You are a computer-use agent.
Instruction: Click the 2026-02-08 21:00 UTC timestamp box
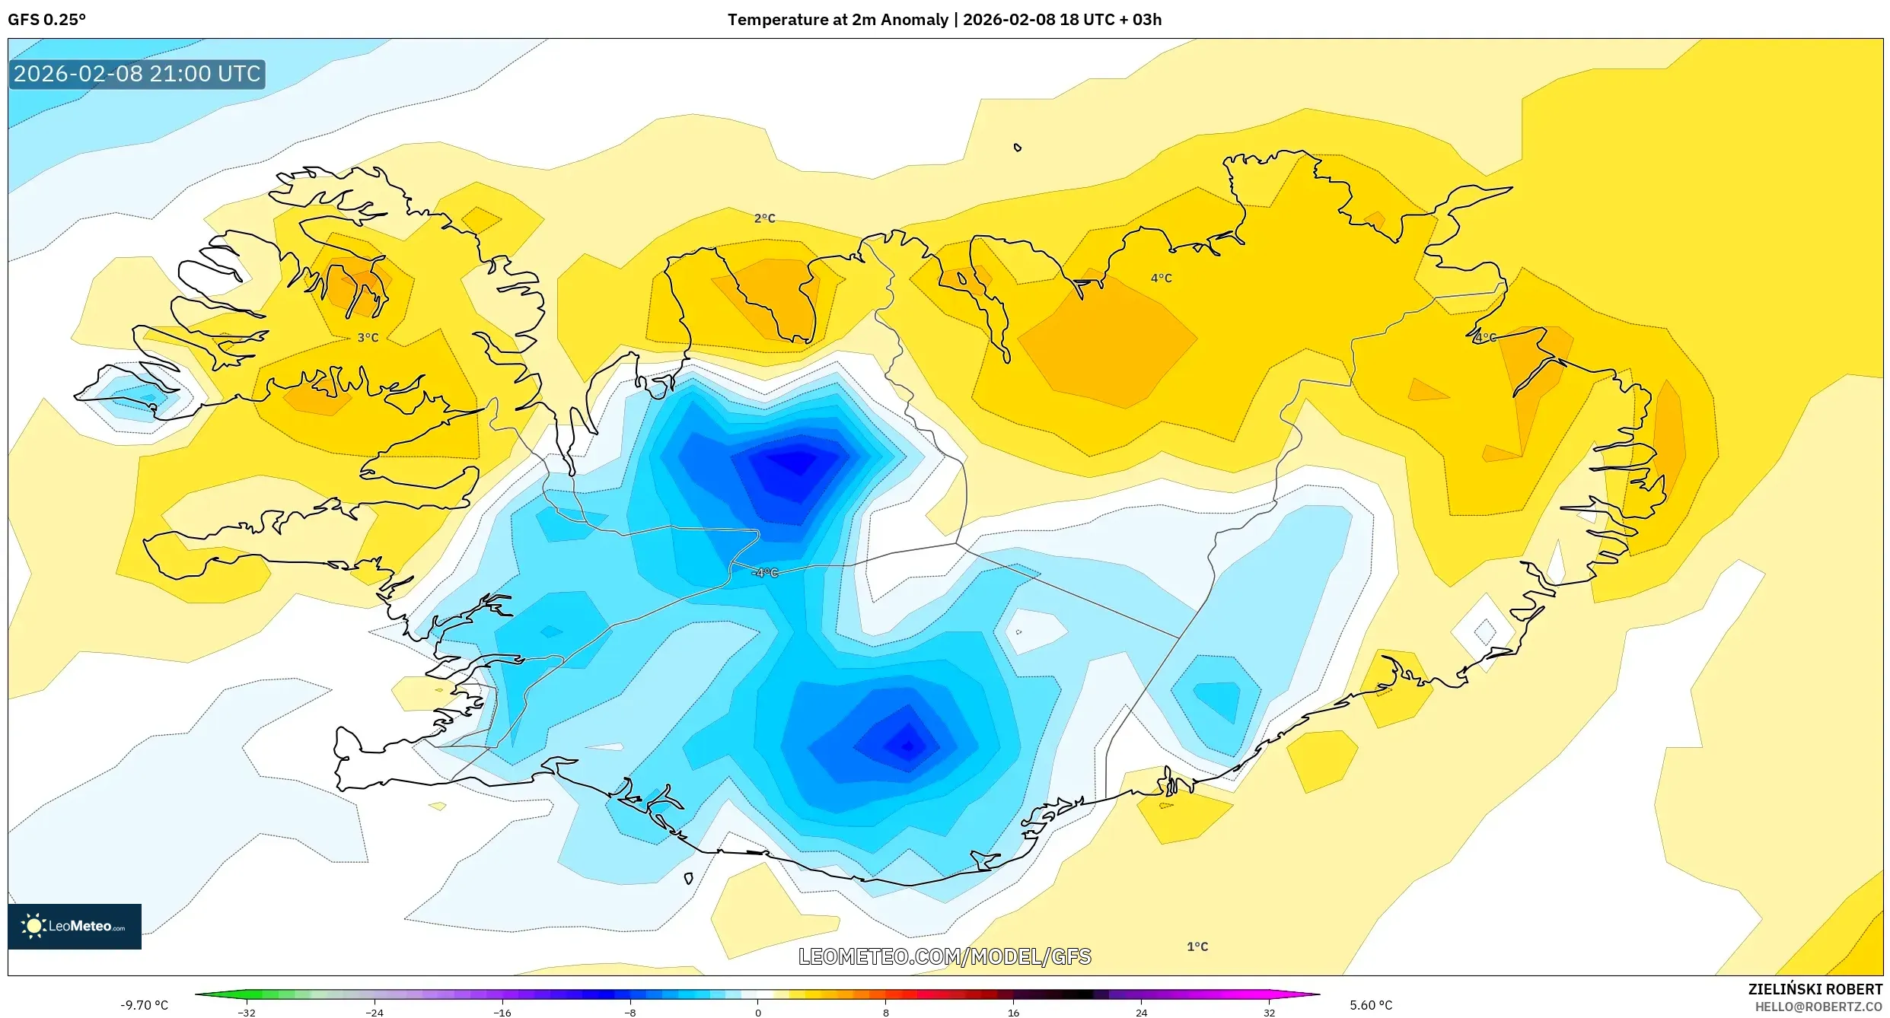(137, 74)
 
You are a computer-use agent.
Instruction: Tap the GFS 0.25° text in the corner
(46, 20)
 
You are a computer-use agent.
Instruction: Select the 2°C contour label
(764, 218)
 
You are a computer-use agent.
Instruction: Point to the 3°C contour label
(368, 338)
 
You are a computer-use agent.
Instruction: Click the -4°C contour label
(765, 573)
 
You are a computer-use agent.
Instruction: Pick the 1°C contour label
(1197, 946)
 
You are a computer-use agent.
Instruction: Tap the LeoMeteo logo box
(75, 926)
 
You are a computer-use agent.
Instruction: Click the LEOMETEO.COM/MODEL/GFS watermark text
(944, 956)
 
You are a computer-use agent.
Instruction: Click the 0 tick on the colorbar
(757, 1013)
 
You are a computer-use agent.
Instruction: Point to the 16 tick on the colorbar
(1013, 1013)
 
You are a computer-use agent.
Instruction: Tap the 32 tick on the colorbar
(1269, 1013)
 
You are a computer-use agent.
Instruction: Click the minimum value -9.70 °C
(144, 1005)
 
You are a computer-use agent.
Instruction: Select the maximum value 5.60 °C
(1371, 1005)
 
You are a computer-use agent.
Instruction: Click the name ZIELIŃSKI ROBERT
(1815, 989)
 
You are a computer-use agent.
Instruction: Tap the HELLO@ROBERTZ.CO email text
(1818, 1007)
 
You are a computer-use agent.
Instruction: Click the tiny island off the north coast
(1018, 148)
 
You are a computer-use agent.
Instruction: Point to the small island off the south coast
(688, 879)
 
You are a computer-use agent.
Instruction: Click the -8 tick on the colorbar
(629, 1013)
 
